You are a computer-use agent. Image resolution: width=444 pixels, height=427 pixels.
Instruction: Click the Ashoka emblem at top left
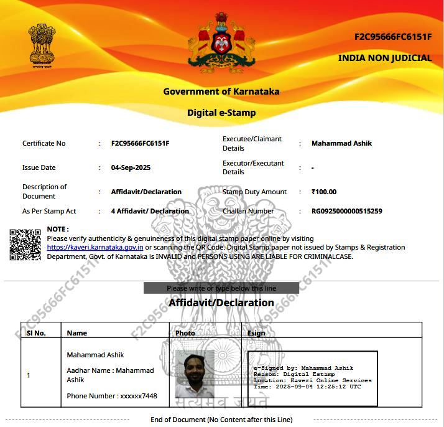[42, 45]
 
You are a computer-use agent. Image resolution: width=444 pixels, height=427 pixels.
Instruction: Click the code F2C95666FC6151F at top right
[393, 37]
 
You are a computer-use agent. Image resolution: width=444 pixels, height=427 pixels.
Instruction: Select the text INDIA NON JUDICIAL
[384, 58]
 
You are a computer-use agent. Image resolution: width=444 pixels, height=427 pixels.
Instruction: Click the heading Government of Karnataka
[221, 91]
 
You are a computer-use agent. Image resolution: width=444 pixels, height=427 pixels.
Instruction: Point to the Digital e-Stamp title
[221, 113]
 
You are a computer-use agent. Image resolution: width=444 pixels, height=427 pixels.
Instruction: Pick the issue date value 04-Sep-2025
[131, 167]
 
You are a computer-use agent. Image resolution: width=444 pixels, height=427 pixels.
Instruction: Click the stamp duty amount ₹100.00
[324, 192]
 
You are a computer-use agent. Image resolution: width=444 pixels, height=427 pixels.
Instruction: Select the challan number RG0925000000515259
[346, 211]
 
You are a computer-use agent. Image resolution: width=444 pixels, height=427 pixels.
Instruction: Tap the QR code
[25, 244]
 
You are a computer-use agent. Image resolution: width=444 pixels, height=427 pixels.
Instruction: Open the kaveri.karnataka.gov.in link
[95, 247]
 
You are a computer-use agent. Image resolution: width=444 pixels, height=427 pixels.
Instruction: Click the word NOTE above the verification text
[58, 229]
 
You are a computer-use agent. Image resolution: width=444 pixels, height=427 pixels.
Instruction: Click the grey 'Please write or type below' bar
[221, 288]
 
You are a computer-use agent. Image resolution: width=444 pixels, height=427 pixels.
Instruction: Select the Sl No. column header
[36, 333]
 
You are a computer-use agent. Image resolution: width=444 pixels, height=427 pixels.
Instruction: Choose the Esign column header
[256, 333]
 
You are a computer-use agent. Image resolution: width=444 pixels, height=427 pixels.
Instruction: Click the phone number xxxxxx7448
[112, 396]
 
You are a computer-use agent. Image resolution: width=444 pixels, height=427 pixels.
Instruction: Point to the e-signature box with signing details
[312, 377]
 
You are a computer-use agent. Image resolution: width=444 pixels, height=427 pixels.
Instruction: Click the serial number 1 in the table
[29, 375]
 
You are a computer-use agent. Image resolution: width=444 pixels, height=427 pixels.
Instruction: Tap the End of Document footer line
[221, 420]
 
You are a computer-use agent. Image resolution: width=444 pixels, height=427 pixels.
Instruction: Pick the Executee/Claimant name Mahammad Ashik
[341, 143]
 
